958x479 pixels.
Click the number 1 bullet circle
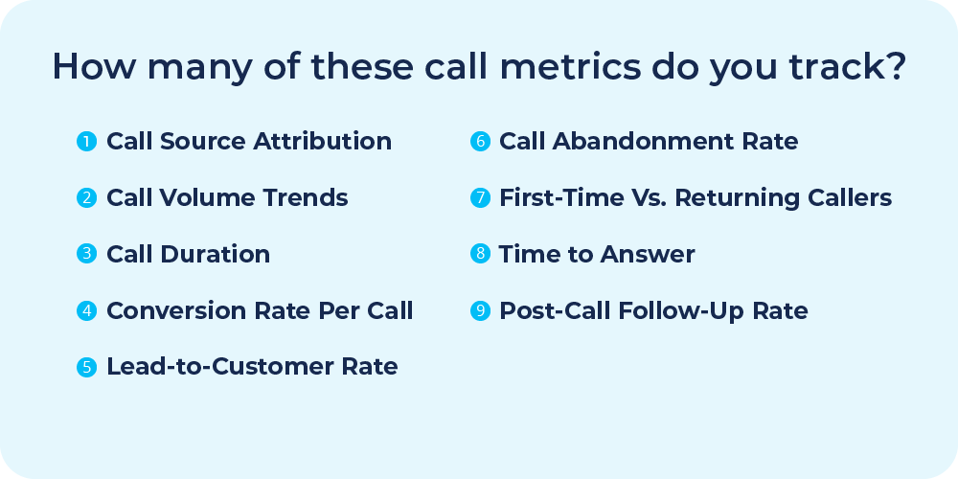(x=87, y=142)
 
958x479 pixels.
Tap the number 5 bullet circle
(x=87, y=367)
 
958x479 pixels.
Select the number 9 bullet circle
(x=480, y=310)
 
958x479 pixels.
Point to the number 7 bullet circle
(x=480, y=198)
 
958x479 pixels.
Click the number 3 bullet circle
(x=87, y=255)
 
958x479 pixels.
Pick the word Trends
(x=308, y=198)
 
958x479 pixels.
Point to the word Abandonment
(x=637, y=142)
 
